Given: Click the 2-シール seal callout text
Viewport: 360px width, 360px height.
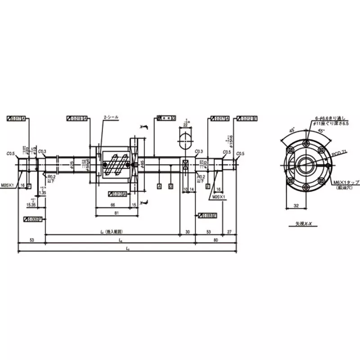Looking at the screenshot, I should click(x=111, y=117).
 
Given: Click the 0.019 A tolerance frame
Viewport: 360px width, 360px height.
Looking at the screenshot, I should click(x=77, y=118).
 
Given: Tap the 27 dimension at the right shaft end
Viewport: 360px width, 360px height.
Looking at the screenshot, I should click(x=229, y=232).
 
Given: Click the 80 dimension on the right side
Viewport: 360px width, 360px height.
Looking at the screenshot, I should click(x=216, y=240).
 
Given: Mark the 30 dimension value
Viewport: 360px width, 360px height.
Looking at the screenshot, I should click(x=188, y=232).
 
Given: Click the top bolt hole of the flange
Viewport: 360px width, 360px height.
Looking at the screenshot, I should click(x=306, y=143).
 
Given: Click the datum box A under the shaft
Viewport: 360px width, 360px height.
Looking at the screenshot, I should click(x=159, y=185).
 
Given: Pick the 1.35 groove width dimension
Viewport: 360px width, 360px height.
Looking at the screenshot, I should click(x=43, y=192).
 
